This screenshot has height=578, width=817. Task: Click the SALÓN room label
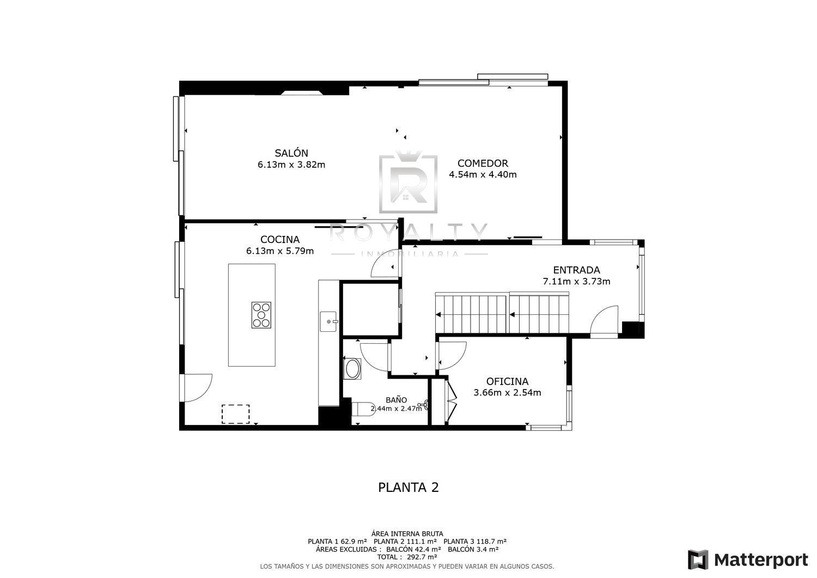[291, 153]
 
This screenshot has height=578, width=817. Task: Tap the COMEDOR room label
[483, 163]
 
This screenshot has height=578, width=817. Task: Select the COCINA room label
[280, 239]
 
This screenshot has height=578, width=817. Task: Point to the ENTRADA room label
[576, 270]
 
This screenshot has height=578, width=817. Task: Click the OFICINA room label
[507, 381]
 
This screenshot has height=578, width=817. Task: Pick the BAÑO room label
[396, 400]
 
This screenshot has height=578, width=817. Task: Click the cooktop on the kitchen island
[261, 315]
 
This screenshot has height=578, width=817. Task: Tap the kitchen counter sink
[328, 321]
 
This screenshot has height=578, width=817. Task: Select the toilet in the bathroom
[363, 409]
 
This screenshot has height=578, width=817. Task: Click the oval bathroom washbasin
[352, 369]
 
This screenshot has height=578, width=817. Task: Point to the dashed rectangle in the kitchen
[236, 414]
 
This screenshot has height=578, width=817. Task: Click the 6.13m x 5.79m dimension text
[280, 251]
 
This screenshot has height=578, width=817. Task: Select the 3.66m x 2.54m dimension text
[507, 393]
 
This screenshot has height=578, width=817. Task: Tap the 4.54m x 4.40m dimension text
[483, 174]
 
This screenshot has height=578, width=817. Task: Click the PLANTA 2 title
[408, 488]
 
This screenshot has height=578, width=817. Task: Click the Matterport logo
[748, 560]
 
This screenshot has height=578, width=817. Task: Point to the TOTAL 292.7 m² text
[407, 557]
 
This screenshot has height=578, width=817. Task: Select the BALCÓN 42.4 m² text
[413, 549]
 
